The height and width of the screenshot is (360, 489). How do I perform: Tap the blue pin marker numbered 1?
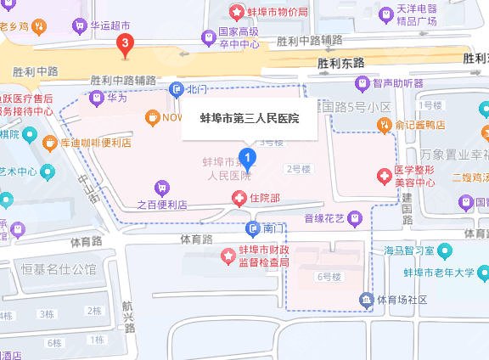[x=247, y=157]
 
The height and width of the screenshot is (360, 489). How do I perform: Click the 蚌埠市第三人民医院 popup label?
[x=249, y=118]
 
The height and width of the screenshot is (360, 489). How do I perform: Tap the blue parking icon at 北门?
[x=176, y=88]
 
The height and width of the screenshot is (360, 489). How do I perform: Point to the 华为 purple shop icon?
[x=95, y=98]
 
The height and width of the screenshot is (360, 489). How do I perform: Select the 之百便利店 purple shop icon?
[x=160, y=187]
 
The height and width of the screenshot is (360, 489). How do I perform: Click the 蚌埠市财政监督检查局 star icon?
[x=228, y=255]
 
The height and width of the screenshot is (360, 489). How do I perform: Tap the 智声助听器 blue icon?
[x=363, y=83]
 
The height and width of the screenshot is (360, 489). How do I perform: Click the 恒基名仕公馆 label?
[x=60, y=270]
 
